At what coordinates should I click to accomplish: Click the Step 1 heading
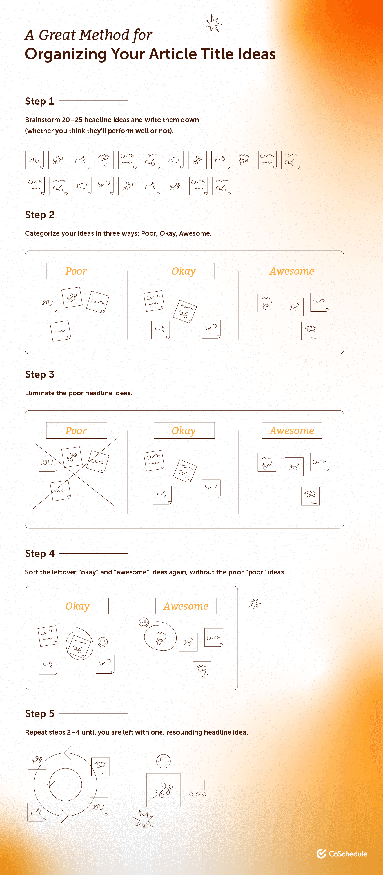coord(39,101)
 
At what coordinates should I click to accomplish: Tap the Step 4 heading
coord(40,553)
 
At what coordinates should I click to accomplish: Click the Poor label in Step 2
coord(76,271)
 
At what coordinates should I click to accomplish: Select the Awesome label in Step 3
coord(292,431)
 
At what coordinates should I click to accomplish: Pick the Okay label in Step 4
coord(78,606)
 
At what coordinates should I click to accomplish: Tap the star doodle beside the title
coord(213,24)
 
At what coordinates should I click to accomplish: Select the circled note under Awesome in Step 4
coord(161,636)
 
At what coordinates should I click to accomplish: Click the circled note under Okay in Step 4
coord(79,644)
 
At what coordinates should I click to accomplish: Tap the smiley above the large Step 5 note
coord(163,761)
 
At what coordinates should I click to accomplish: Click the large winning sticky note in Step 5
coord(163,790)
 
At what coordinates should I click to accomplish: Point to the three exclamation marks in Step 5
coord(197,788)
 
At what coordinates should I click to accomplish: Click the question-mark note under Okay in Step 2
coord(211,329)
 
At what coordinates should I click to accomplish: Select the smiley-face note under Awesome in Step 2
coord(310,331)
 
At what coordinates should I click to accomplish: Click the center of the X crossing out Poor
coord(75,473)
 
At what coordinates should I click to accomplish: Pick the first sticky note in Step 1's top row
coord(34,160)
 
